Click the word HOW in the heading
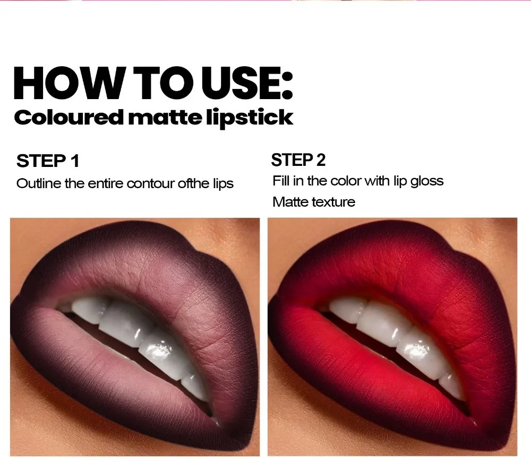click(x=68, y=83)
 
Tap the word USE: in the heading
click(x=247, y=83)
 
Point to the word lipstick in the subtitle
click(x=250, y=118)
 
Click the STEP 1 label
click(x=48, y=161)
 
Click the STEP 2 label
click(x=298, y=160)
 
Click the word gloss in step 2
click(x=427, y=181)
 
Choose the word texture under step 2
click(x=333, y=202)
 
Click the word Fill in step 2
click(x=281, y=181)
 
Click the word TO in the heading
click(x=161, y=83)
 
